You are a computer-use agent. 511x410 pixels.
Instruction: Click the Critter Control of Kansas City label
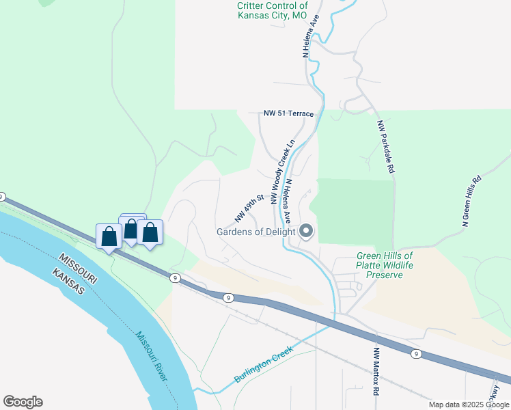[x=272, y=10]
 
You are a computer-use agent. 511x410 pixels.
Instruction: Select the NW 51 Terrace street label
[x=288, y=113]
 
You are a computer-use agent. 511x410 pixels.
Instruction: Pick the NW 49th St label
[x=249, y=209]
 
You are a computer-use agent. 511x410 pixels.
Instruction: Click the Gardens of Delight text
[x=255, y=231]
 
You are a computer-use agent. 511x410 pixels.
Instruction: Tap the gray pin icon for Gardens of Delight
[x=306, y=232]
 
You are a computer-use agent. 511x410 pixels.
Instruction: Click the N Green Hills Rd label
[x=472, y=200]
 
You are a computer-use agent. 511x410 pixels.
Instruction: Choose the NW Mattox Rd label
[x=376, y=372]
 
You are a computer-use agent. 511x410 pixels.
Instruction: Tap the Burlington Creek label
[x=264, y=364]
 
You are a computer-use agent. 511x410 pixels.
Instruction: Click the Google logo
[x=23, y=402]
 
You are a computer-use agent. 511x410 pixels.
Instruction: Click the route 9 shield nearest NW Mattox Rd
[x=415, y=353]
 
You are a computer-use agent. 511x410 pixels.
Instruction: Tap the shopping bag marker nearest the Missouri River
[x=109, y=237]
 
